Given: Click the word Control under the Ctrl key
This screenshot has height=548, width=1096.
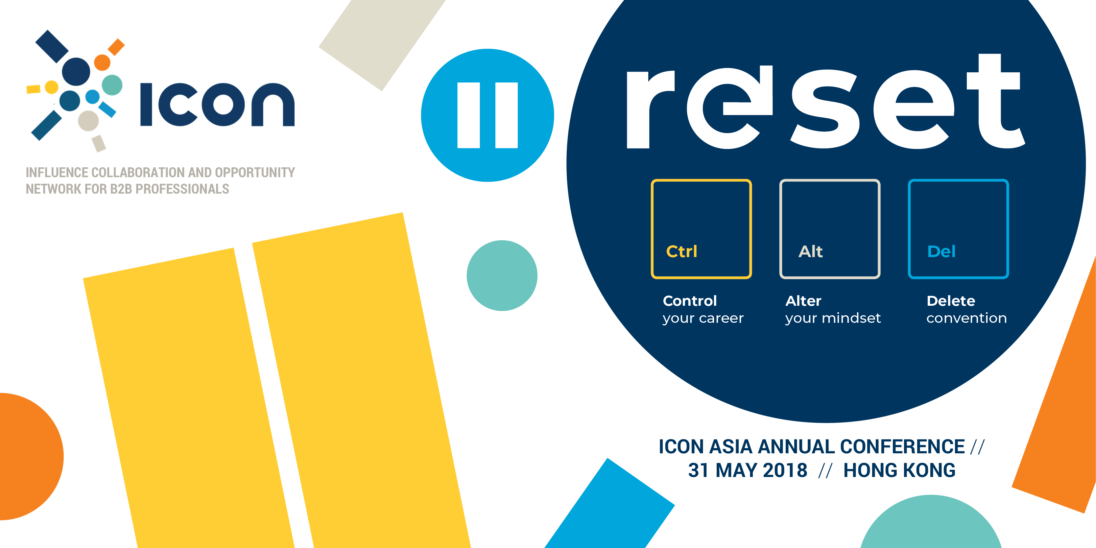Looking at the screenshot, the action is point(690,301).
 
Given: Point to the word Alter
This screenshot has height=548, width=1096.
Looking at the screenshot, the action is point(803,301).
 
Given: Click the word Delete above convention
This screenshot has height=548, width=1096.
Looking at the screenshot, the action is point(951,301).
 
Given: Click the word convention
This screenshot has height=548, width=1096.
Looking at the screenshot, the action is point(967,318).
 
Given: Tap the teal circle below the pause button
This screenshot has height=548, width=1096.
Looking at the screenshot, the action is point(502,276).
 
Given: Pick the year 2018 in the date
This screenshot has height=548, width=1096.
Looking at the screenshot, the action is point(785,470).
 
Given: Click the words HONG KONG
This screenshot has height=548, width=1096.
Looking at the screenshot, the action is point(899,470).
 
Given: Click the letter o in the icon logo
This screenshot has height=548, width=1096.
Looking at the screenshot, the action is point(223,105).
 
